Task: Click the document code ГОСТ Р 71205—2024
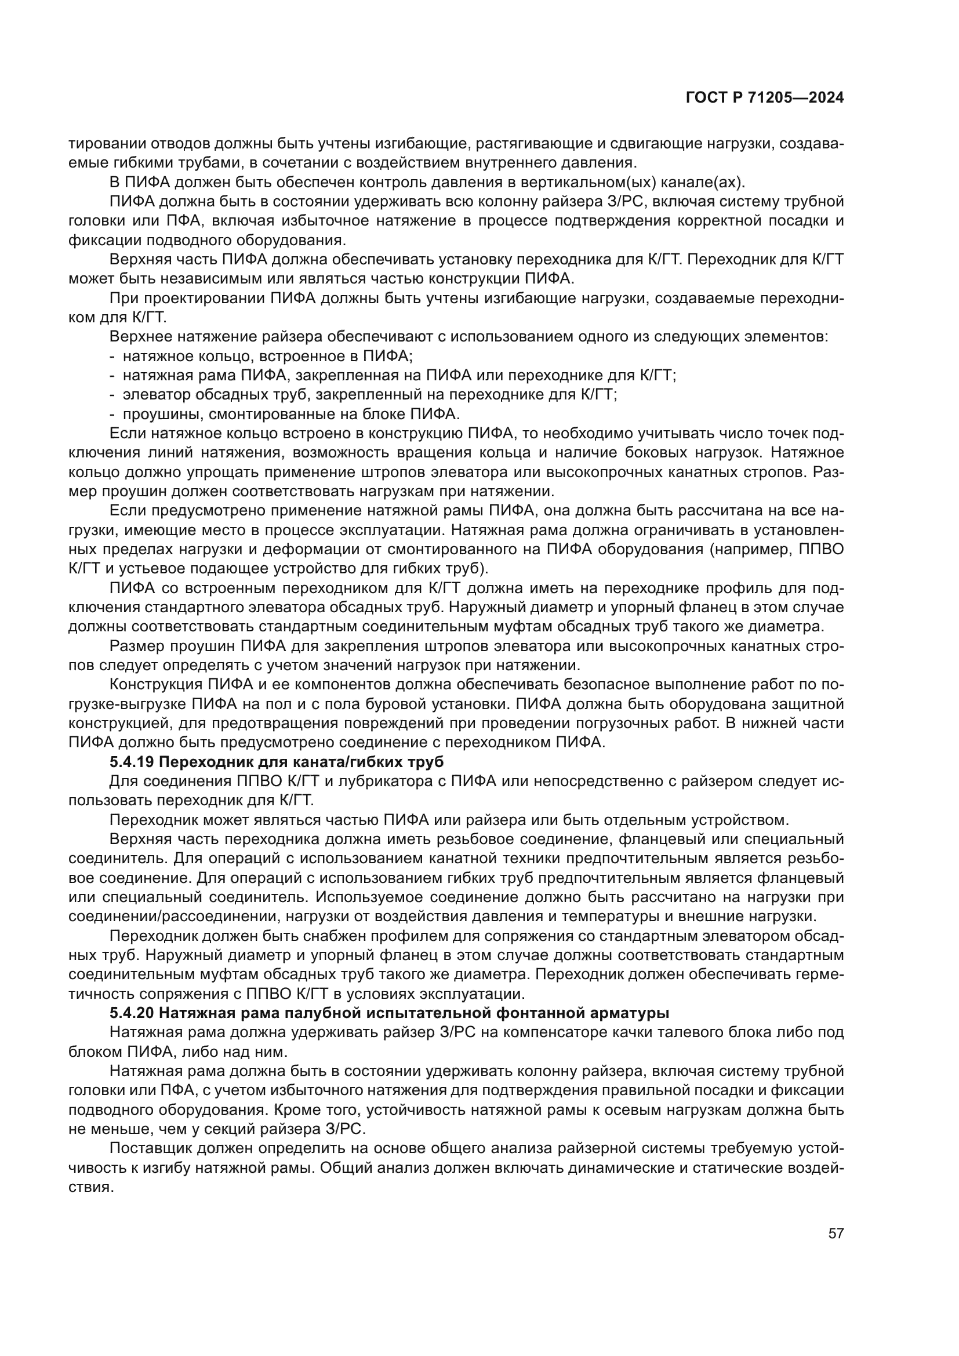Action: coord(764,98)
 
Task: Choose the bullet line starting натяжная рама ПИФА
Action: coord(399,375)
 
